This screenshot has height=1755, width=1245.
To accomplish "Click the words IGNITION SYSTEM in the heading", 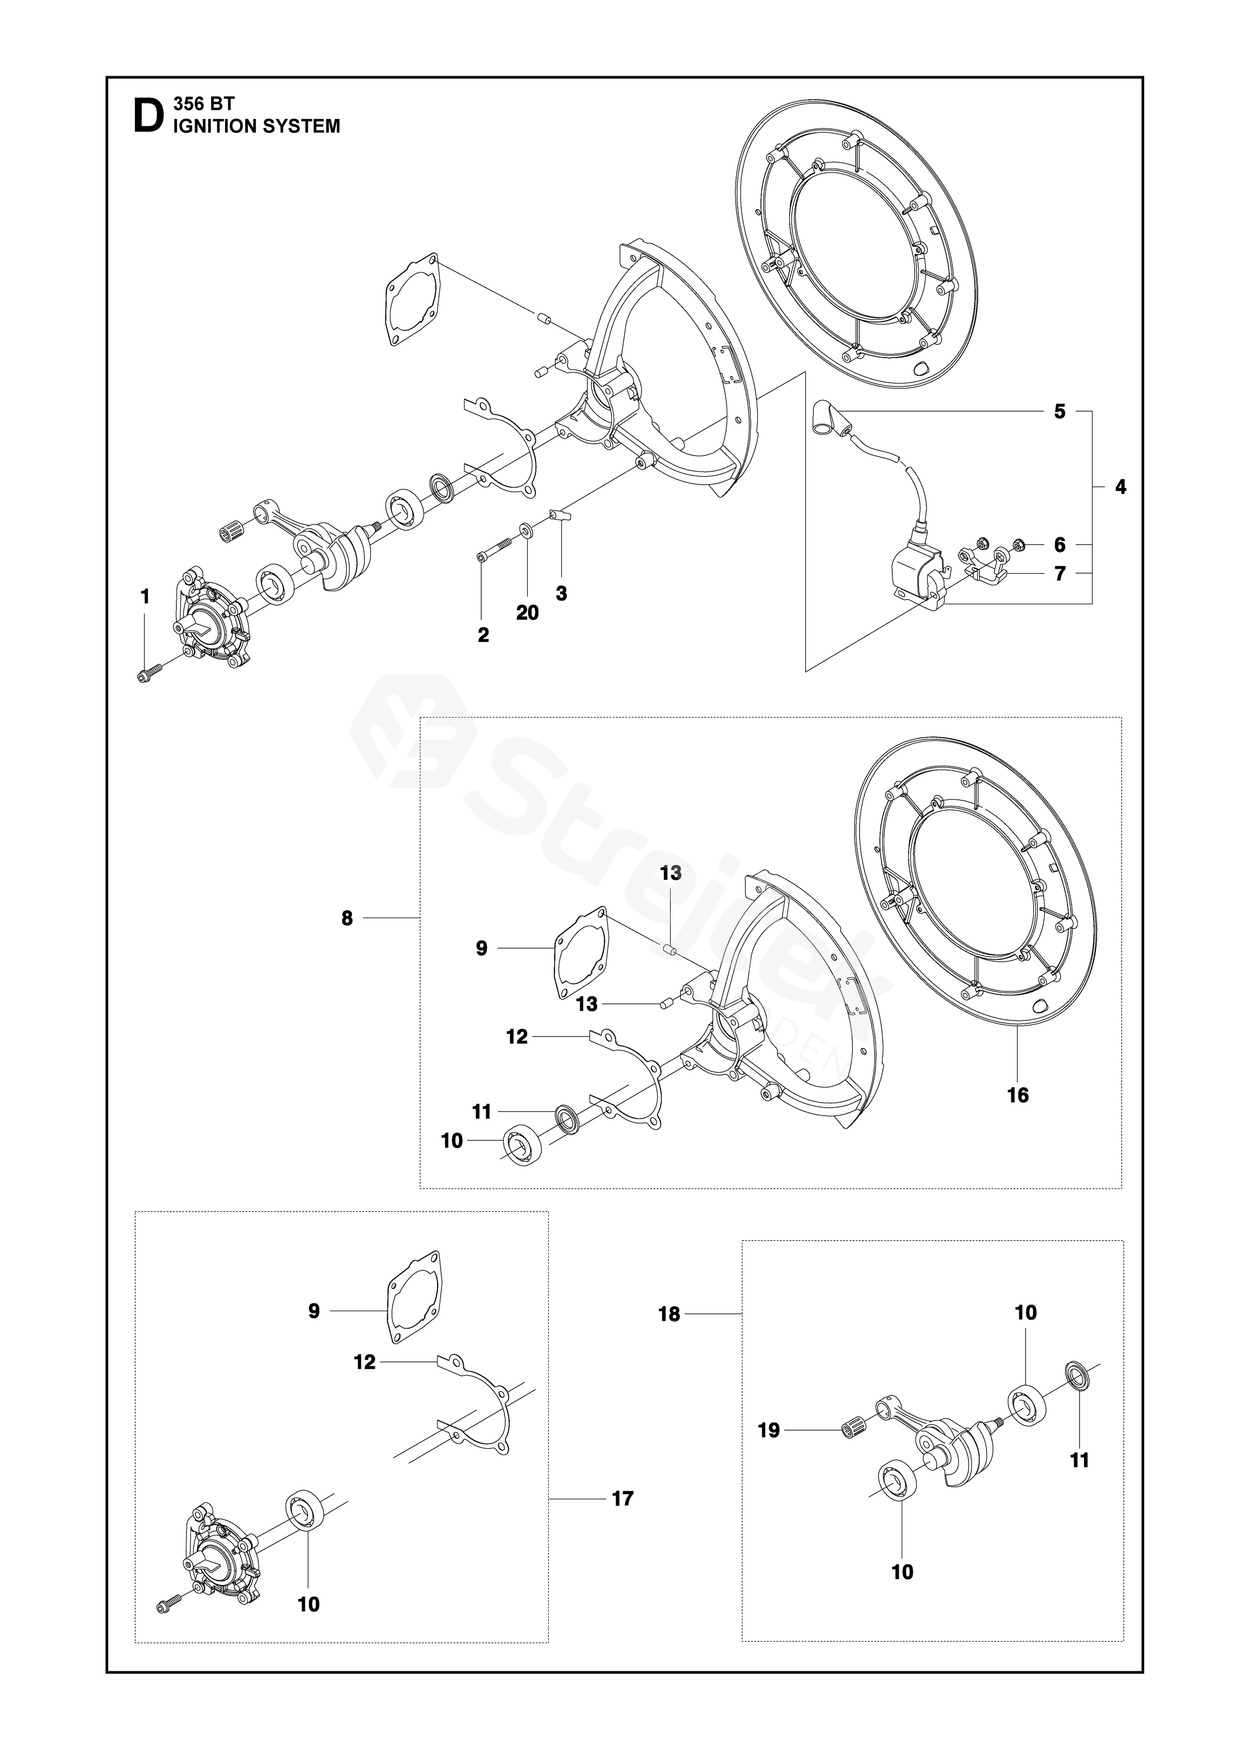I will [x=257, y=126].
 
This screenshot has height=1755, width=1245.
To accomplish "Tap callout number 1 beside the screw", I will [x=145, y=596].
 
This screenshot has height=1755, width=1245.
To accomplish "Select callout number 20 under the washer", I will [x=527, y=613].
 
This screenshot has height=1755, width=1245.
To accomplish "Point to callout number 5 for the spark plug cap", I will [x=1060, y=412].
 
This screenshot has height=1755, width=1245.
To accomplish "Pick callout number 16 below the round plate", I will [x=1017, y=1095].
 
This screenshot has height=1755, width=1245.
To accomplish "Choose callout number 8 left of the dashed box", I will [x=347, y=918].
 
